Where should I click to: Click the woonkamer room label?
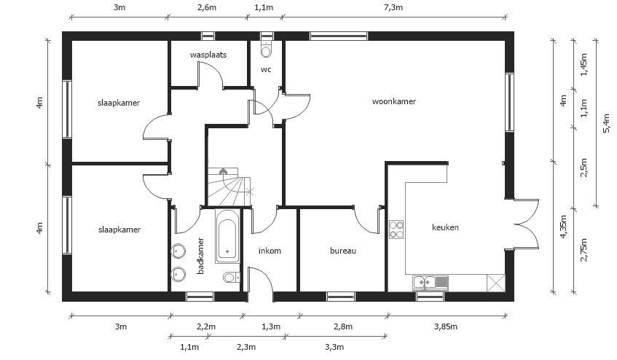[393, 102]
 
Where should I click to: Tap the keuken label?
[445, 227]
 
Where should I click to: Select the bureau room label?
[342, 251]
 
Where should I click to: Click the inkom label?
[270, 251]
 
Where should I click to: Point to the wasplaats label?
[208, 55]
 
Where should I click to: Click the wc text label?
[266, 70]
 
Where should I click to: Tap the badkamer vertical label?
[200, 256]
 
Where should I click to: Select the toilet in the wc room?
[266, 50]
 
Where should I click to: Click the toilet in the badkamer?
[230, 277]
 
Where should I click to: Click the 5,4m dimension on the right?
[607, 122]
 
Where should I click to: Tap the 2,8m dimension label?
[342, 326]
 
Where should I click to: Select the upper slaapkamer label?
[119, 102]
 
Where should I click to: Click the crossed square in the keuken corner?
[496, 281]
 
